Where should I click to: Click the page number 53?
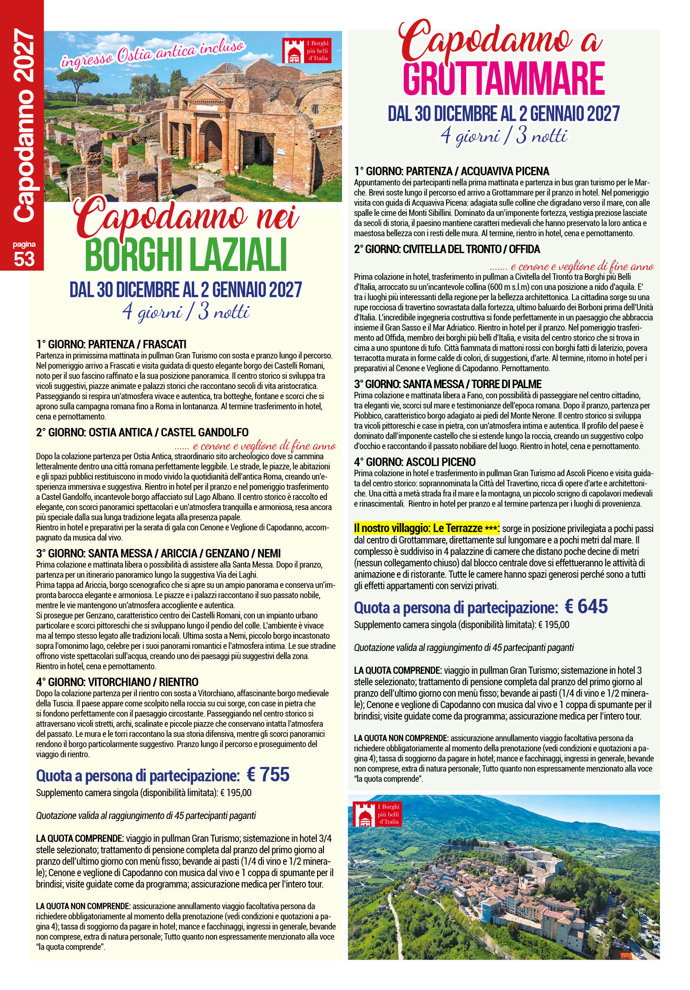coord(24,259)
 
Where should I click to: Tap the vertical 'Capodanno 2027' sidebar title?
coord(24,125)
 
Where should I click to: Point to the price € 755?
coord(268,775)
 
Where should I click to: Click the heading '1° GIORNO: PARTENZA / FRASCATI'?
coord(111,345)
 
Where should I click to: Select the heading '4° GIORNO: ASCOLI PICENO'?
coord(414,462)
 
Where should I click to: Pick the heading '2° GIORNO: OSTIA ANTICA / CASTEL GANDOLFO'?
coord(142,433)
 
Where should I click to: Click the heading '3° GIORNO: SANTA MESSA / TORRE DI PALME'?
coord(447,384)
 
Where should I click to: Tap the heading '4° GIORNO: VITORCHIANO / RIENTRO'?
coord(117,682)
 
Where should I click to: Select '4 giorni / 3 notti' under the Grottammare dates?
coord(504,136)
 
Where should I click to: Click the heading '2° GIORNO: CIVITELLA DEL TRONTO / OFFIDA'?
coord(447,249)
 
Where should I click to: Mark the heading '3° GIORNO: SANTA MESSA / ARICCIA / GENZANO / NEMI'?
coord(158,554)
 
